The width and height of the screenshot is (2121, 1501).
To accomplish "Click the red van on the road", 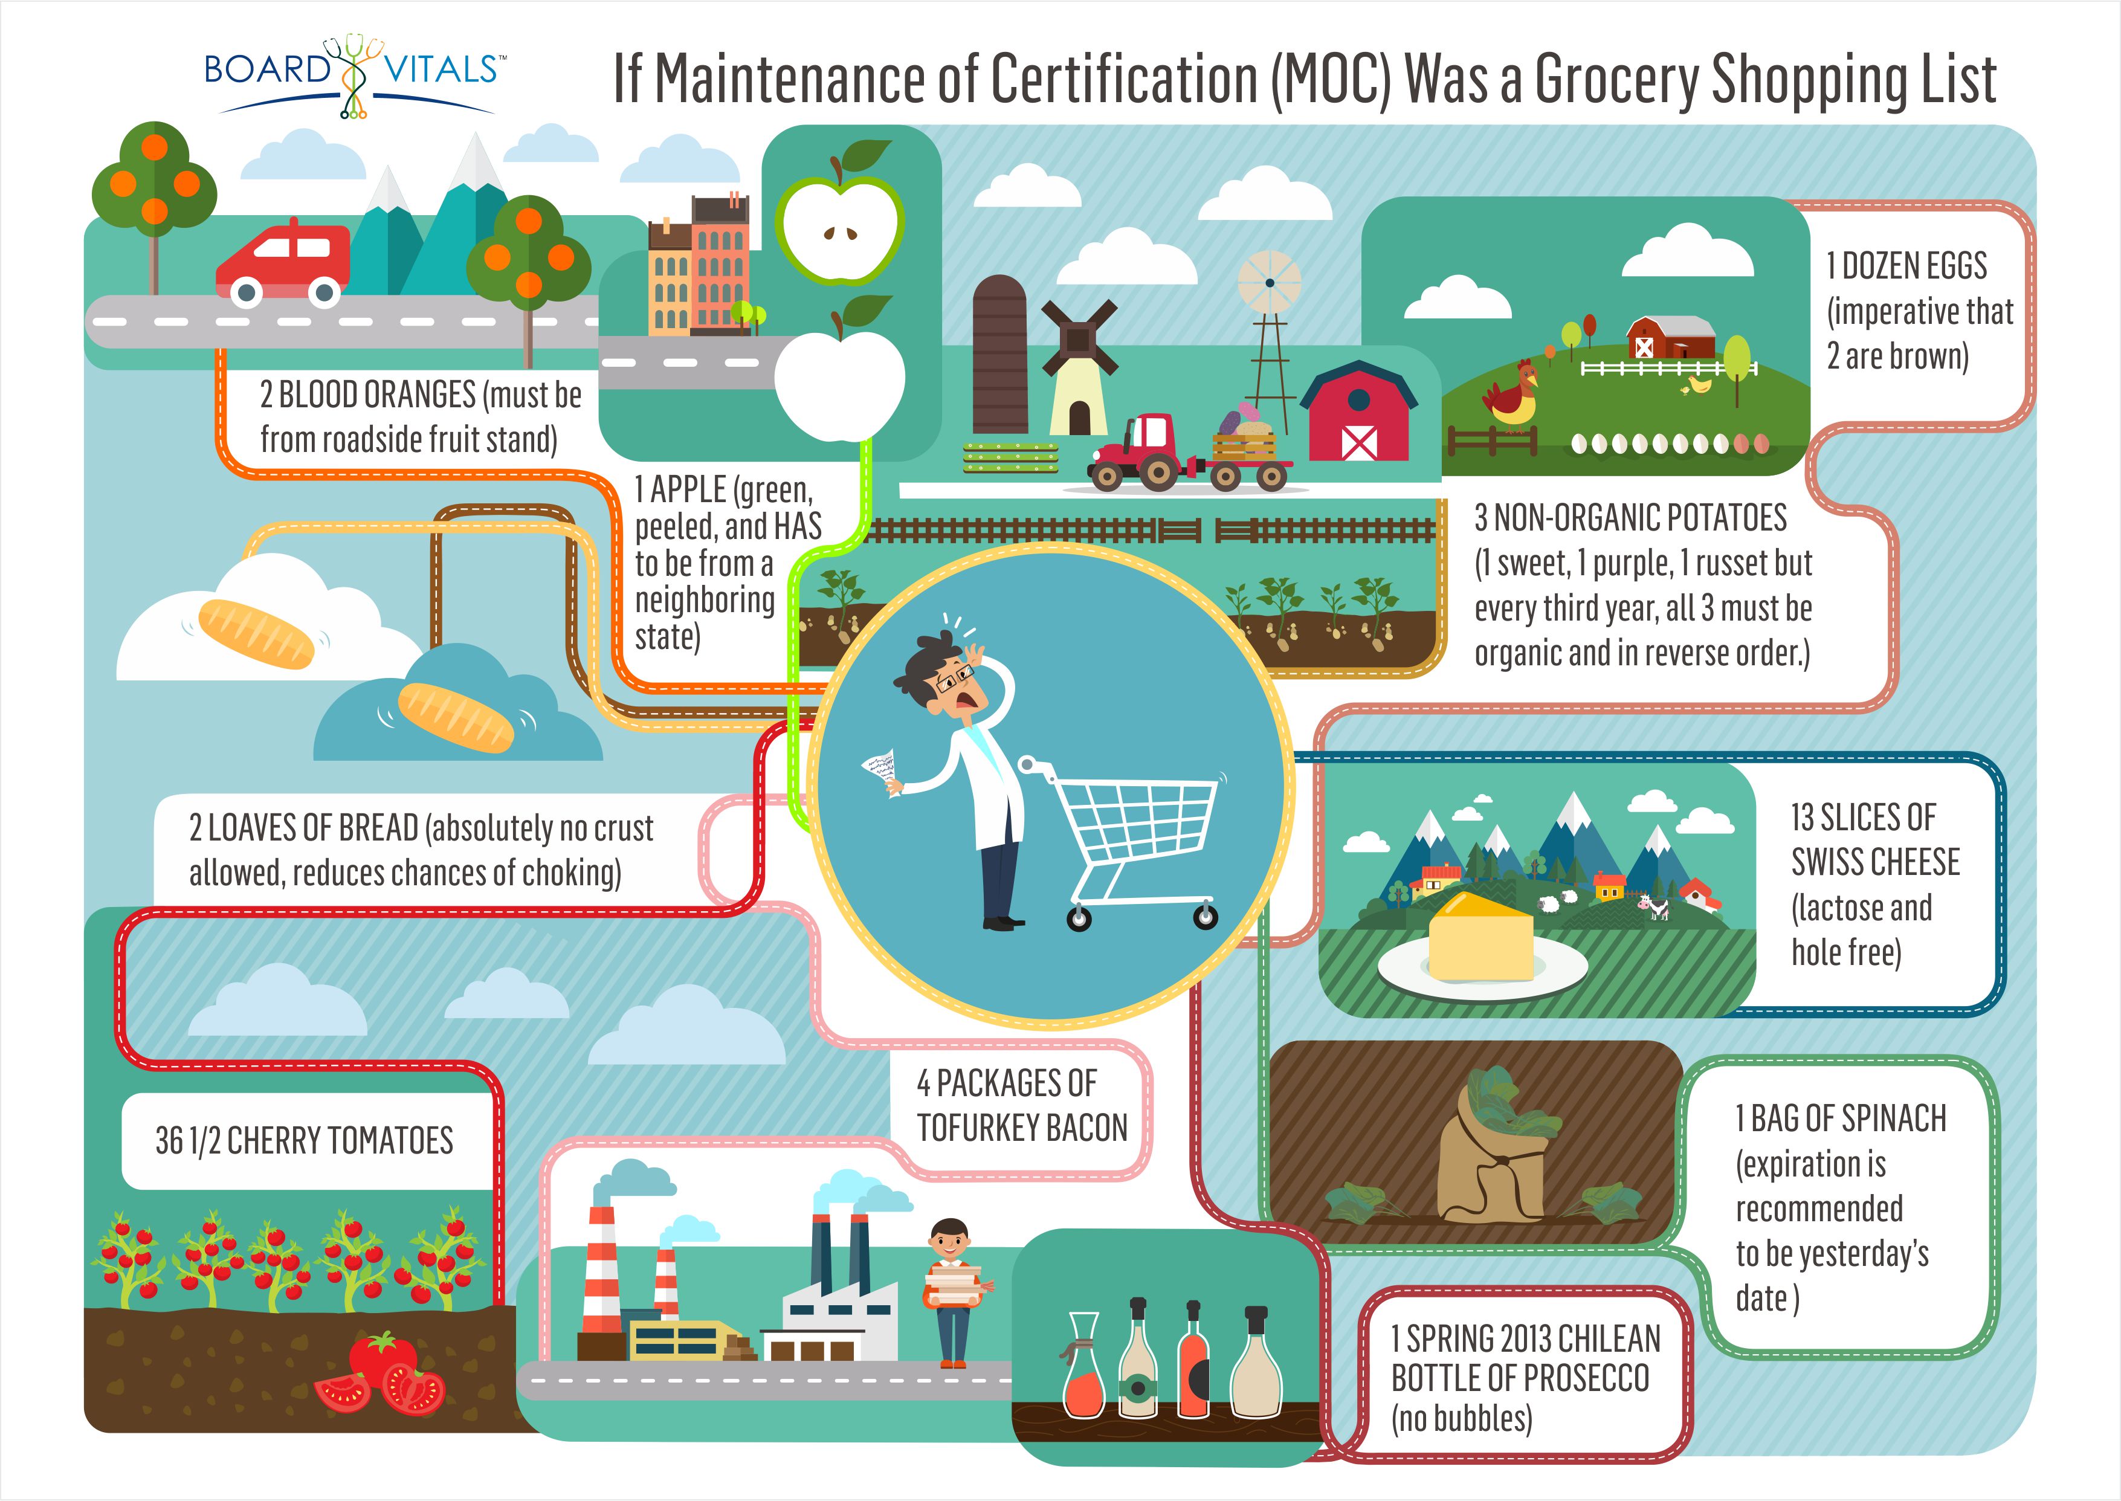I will [x=282, y=267].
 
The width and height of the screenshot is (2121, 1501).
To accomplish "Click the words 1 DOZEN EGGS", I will [x=1906, y=266].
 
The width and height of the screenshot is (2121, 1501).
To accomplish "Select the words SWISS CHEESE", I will [x=1874, y=862].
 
